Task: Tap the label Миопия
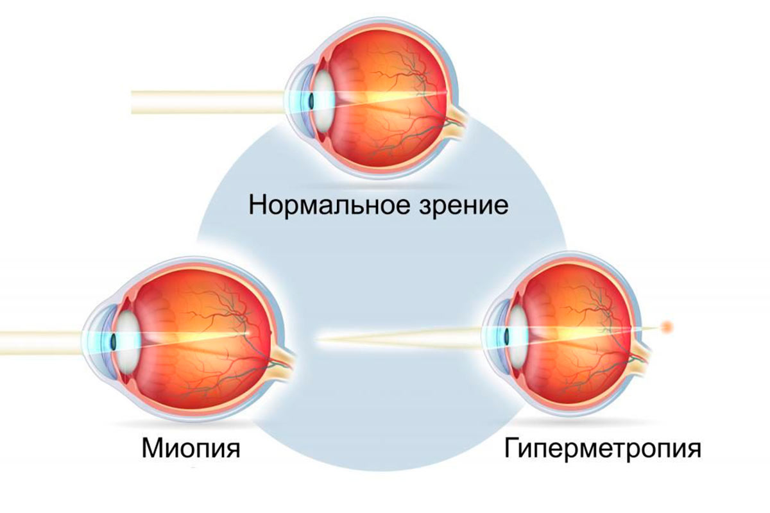(x=191, y=447)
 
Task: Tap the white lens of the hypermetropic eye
(x=517, y=333)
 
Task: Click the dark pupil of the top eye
(x=310, y=101)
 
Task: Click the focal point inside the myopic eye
(x=247, y=333)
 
